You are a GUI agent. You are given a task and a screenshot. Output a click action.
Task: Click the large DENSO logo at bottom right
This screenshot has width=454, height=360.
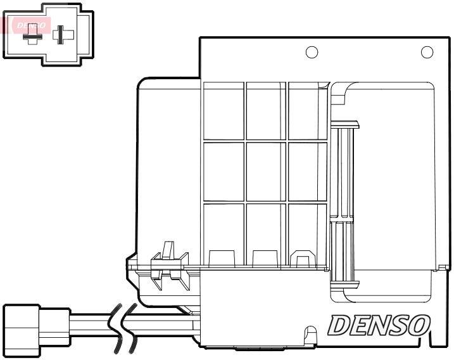tap(379, 326)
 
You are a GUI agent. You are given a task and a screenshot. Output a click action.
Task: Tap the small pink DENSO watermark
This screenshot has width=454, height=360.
tap(31, 25)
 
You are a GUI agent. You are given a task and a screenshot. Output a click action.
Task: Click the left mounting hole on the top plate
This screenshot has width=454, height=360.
tap(312, 52)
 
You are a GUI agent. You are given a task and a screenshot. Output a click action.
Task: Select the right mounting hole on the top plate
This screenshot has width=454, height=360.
tap(427, 52)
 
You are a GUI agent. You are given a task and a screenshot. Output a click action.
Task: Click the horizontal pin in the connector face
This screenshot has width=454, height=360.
tap(33, 37)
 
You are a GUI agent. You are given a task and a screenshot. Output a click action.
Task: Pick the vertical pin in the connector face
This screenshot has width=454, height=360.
tap(60, 35)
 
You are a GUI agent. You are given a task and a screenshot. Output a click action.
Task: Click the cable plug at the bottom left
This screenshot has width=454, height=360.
tap(37, 331)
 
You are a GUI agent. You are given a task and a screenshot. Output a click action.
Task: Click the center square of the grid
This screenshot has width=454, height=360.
tap(266, 171)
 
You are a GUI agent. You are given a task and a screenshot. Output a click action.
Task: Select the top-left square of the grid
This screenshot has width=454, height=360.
tap(224, 111)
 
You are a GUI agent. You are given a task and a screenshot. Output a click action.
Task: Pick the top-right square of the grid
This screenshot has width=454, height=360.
tap(308, 111)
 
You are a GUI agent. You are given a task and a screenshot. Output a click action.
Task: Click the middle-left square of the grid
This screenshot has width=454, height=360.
tap(224, 171)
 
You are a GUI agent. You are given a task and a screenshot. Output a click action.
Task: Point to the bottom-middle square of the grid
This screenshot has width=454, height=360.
tap(266, 235)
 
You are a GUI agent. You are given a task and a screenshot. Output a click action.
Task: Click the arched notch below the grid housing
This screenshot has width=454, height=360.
tap(311, 334)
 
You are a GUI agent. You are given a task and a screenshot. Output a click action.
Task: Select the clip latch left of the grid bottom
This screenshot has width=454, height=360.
tap(169, 265)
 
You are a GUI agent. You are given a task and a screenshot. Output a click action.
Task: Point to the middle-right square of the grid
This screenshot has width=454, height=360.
tap(308, 171)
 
